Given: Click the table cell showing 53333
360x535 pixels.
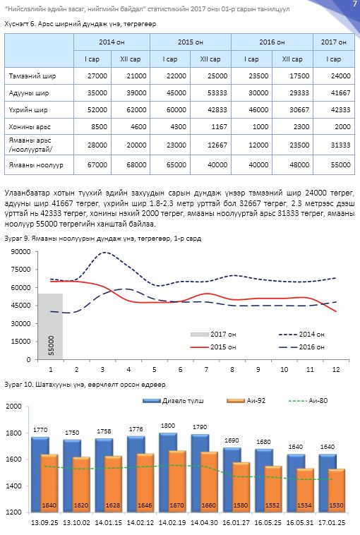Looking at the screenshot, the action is click(x=210, y=92).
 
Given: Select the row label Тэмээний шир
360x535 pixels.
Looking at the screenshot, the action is click(x=32, y=76).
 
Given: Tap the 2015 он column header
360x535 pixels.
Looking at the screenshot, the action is click(x=190, y=42).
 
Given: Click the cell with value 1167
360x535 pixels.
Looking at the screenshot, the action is click(x=210, y=126).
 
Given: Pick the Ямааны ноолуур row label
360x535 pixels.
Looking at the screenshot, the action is click(x=36, y=164).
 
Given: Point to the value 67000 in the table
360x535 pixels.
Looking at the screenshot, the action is click(x=97, y=164).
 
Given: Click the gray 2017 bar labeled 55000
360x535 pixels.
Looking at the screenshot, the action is click(x=50, y=326).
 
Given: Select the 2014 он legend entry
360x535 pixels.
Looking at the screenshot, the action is click(x=301, y=335).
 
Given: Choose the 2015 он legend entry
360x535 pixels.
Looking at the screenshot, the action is click(x=213, y=347).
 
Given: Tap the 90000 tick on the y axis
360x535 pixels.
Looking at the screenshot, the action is click(x=20, y=252).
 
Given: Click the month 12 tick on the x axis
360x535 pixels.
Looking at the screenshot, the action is click(x=336, y=370).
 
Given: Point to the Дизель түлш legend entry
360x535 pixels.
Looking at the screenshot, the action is click(x=173, y=401).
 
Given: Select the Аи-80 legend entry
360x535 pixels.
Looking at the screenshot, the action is click(x=308, y=401).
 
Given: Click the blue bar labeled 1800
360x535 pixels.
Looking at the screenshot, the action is click(x=168, y=473).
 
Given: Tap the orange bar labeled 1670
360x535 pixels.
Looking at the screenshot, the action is click(x=177, y=481).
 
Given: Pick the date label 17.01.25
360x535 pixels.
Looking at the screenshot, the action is click(x=332, y=522).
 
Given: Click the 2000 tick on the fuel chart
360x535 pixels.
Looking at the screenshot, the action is click(x=13, y=407).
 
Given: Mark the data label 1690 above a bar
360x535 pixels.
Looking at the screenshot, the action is click(x=232, y=440).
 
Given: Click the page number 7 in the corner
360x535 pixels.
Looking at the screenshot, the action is click(x=354, y=4).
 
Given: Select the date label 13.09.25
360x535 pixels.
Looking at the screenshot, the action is click(x=44, y=522).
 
